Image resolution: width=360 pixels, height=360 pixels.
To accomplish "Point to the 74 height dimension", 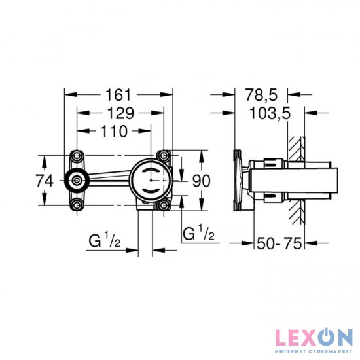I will (x=45, y=181).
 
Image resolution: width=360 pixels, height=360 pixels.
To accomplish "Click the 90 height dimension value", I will (x=202, y=181).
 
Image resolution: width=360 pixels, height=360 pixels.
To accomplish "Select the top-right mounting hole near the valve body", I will (x=163, y=156).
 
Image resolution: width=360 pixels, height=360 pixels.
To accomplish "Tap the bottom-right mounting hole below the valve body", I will (x=163, y=206).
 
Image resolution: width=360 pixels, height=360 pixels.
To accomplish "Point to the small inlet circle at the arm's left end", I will (x=77, y=181).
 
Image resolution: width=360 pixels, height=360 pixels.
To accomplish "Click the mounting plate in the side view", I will (x=239, y=181).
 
